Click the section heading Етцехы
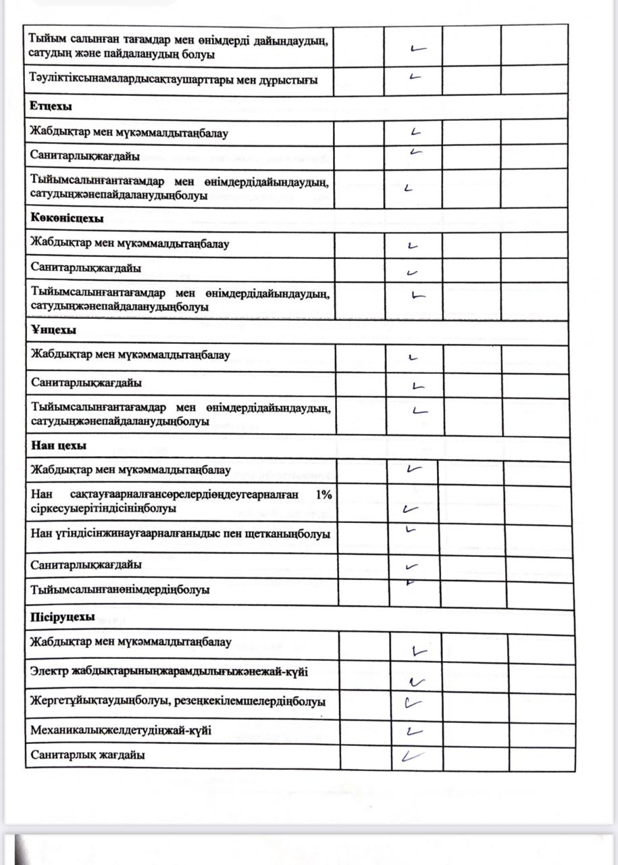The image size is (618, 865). pos(51,107)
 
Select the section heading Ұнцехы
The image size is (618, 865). pos(53,330)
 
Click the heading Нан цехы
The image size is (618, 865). pos(58,445)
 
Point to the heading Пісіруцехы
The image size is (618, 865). pos(62,616)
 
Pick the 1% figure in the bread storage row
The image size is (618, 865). pos(324,494)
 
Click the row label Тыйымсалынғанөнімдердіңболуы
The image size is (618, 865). pos(120,589)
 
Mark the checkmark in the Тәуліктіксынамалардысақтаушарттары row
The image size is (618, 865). pos(415,76)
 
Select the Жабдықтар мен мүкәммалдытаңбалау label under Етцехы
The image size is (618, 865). pos(129,132)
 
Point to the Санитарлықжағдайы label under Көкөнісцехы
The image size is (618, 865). pos(86,268)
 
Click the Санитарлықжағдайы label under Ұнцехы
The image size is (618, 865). pos(86,382)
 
